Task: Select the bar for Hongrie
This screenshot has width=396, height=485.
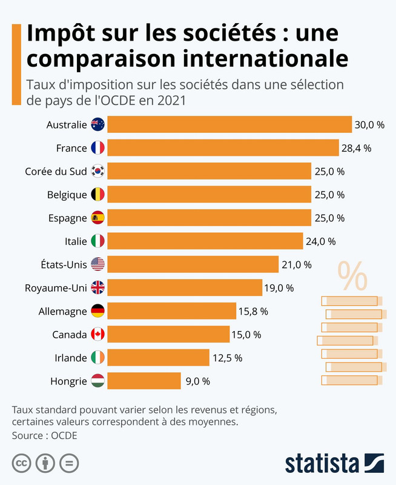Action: pyautogui.click(x=145, y=381)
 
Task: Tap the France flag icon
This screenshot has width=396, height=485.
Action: pyautogui.click(x=97, y=147)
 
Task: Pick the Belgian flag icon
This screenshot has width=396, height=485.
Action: pyautogui.click(x=97, y=195)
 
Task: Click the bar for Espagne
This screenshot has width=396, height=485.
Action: pyautogui.click(x=210, y=218)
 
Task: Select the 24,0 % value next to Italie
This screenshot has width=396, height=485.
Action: pyautogui.click(x=320, y=241)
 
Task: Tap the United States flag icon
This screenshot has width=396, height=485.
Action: pyautogui.click(x=97, y=264)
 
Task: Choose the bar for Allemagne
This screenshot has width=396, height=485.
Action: pyautogui.click(x=172, y=311)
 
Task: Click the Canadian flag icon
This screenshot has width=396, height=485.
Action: pyautogui.click(x=97, y=334)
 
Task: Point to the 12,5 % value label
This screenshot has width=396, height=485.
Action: pyautogui.click(x=227, y=358)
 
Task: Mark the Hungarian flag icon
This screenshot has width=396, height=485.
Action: pyautogui.click(x=97, y=381)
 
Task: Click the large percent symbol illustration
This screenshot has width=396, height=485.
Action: pyautogui.click(x=352, y=276)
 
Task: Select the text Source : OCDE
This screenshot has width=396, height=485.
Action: pyautogui.click(x=44, y=435)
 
